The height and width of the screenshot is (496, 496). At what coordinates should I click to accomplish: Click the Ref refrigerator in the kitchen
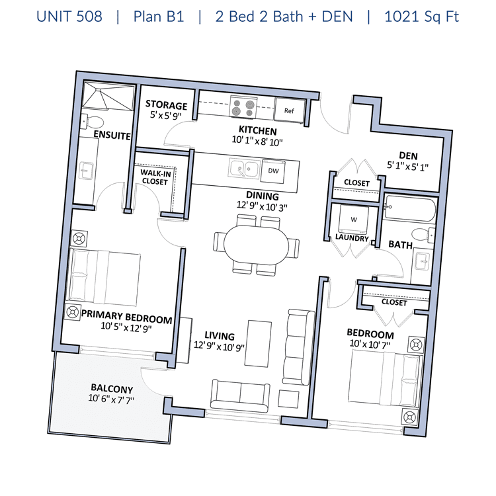coord(290,109)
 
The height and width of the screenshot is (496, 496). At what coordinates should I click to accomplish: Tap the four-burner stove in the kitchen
coord(243,107)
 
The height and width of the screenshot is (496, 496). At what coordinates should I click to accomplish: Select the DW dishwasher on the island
coord(272,171)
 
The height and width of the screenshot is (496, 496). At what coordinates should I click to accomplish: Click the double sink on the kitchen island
coord(244,169)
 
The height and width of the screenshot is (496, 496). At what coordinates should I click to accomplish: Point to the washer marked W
coord(353,220)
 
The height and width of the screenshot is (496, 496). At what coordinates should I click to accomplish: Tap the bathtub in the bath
coord(409,208)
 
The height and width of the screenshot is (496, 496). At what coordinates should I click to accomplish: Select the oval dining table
coord(256,245)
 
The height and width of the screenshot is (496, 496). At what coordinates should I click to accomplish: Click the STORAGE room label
coord(166,104)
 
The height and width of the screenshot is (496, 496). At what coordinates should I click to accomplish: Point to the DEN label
coord(408,155)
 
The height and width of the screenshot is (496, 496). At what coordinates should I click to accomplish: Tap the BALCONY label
coord(112,388)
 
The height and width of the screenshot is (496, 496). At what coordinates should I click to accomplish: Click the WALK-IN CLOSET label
coord(155,177)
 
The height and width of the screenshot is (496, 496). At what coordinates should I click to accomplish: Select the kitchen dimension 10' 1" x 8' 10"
coord(257,140)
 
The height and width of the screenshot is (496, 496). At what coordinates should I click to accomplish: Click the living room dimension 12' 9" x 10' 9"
coord(219,347)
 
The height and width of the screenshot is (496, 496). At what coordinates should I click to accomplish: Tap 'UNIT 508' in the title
coord(69,17)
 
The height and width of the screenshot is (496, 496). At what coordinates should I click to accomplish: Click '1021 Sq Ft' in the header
coord(421,17)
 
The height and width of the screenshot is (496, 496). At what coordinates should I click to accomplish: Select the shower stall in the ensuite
coord(108,96)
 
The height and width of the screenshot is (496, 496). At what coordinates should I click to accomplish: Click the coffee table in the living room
coord(259,344)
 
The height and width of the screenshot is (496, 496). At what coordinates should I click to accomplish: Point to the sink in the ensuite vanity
coord(86,170)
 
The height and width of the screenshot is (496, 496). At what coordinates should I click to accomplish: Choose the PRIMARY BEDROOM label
coord(127,317)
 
